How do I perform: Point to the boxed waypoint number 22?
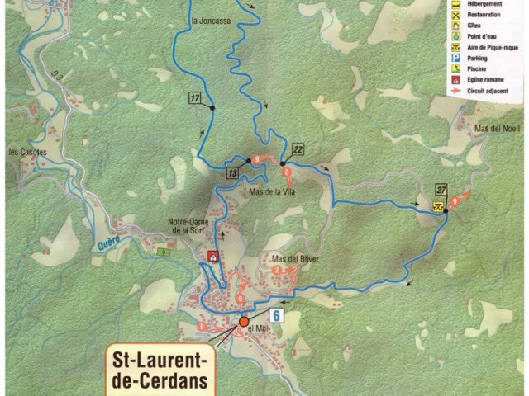[x=298, y=149]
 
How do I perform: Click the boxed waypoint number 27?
[x=442, y=188]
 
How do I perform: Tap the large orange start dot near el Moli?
[x=244, y=322]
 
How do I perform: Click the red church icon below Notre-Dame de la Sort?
[x=213, y=256]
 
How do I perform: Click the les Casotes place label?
[x=27, y=153]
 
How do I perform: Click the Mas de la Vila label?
[x=272, y=191]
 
